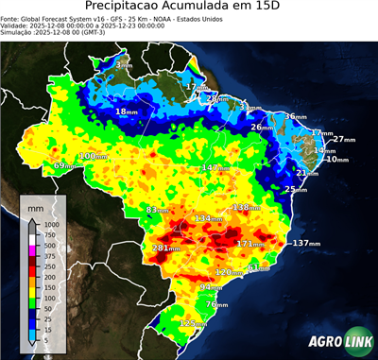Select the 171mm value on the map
click(249, 244)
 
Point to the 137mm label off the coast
click(304, 244)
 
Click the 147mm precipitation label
click(214, 167)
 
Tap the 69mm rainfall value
click(63, 166)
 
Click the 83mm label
click(158, 210)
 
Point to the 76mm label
click(216, 304)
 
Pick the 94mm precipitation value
click(211, 286)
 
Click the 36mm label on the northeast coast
click(296, 116)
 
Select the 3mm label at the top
click(125, 65)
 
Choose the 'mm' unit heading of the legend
click(36, 204)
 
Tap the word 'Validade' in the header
click(17, 25)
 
